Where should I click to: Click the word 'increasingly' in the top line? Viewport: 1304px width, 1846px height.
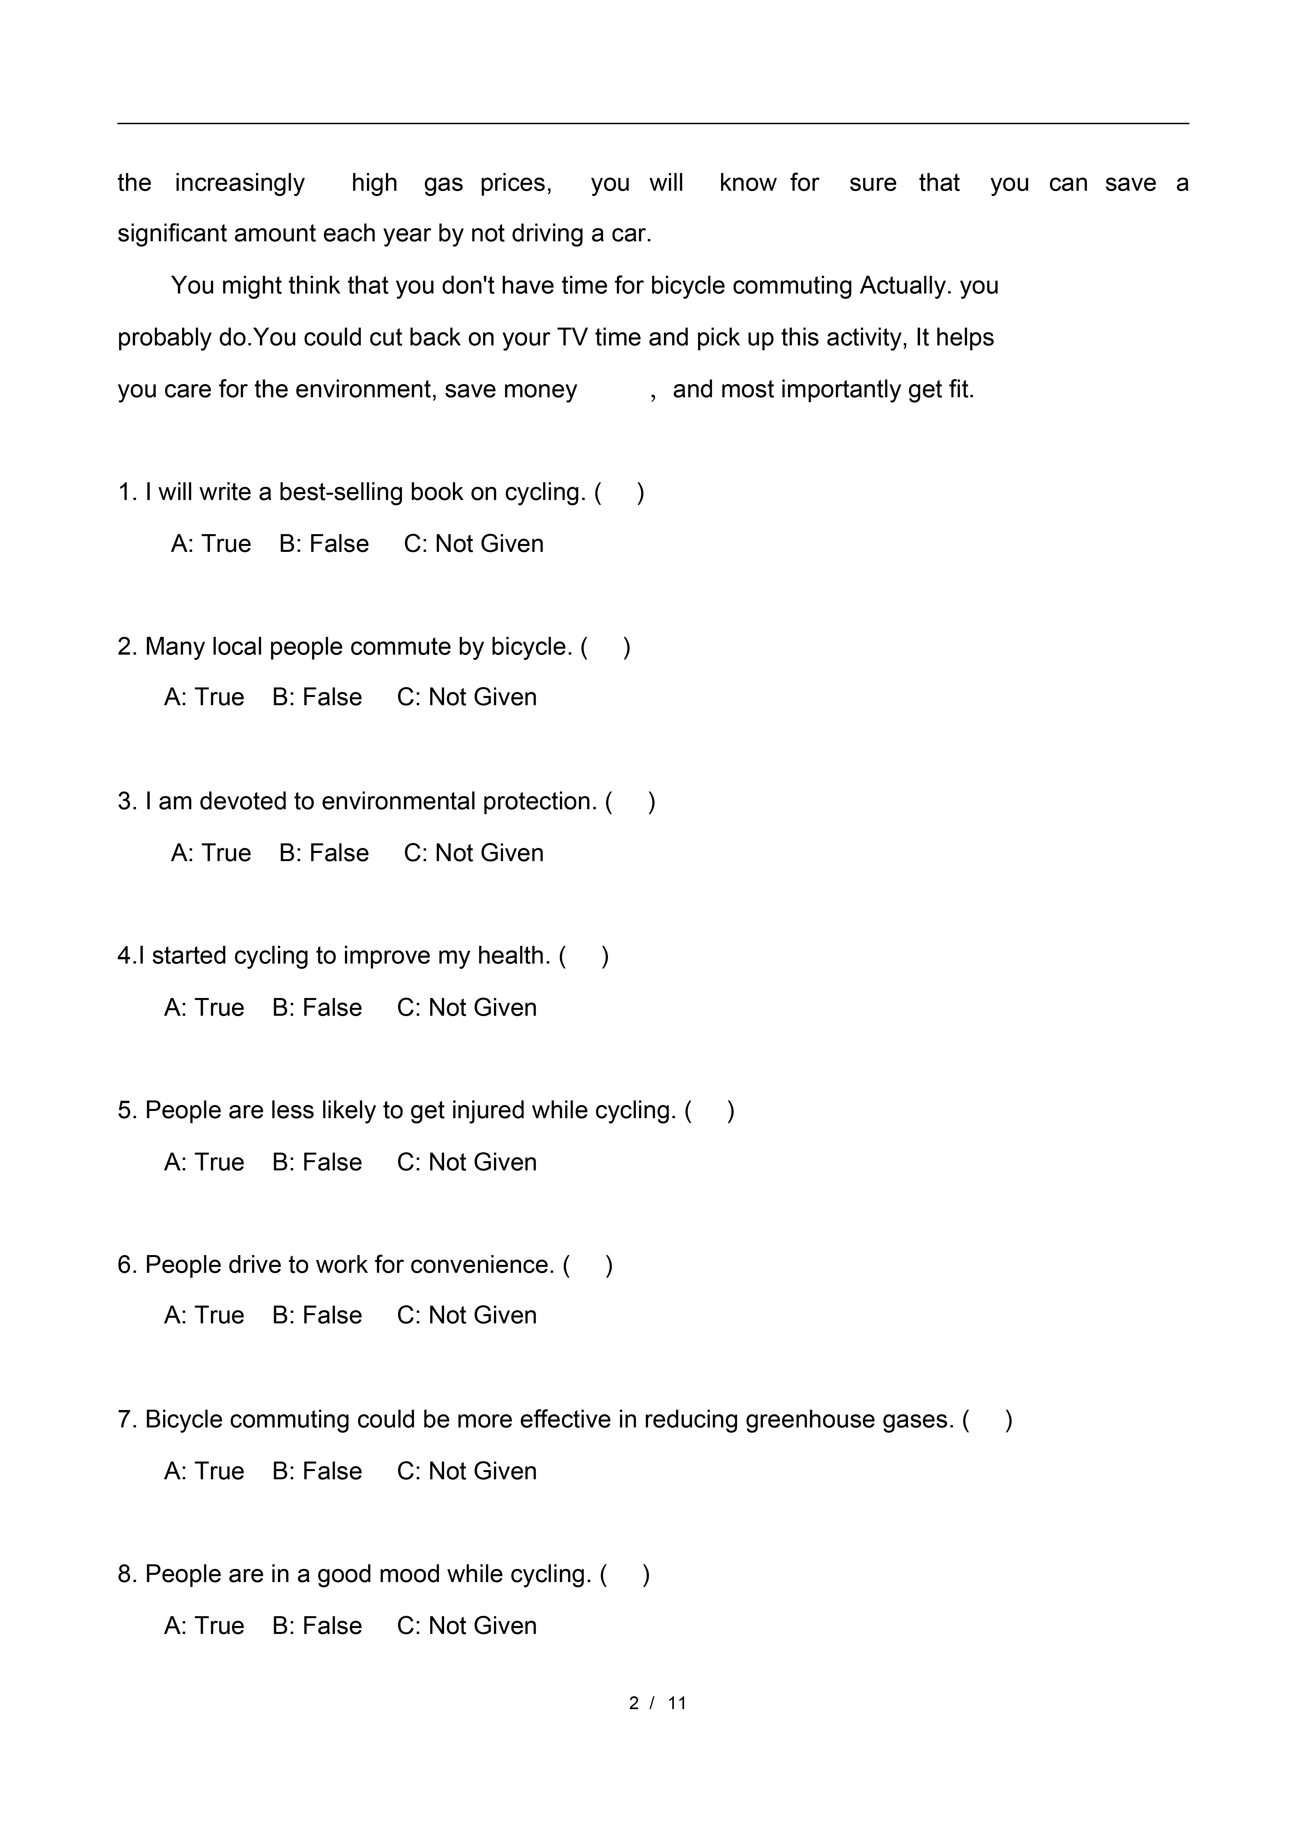click(240, 183)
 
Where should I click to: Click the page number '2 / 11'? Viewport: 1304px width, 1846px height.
click(658, 1703)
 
